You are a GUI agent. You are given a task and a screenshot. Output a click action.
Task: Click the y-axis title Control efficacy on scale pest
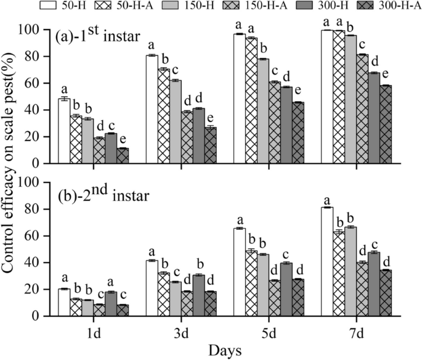[14, 173]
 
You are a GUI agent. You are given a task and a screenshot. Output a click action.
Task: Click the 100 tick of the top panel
[37, 30]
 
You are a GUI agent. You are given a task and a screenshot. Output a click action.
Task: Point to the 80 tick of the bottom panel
[40, 210]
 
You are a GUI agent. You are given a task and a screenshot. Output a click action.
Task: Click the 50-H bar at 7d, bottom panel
[327, 261]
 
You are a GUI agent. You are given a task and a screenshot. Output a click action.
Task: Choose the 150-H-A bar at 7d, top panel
[363, 108]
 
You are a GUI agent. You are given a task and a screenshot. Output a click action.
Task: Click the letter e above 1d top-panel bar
[123, 140]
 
